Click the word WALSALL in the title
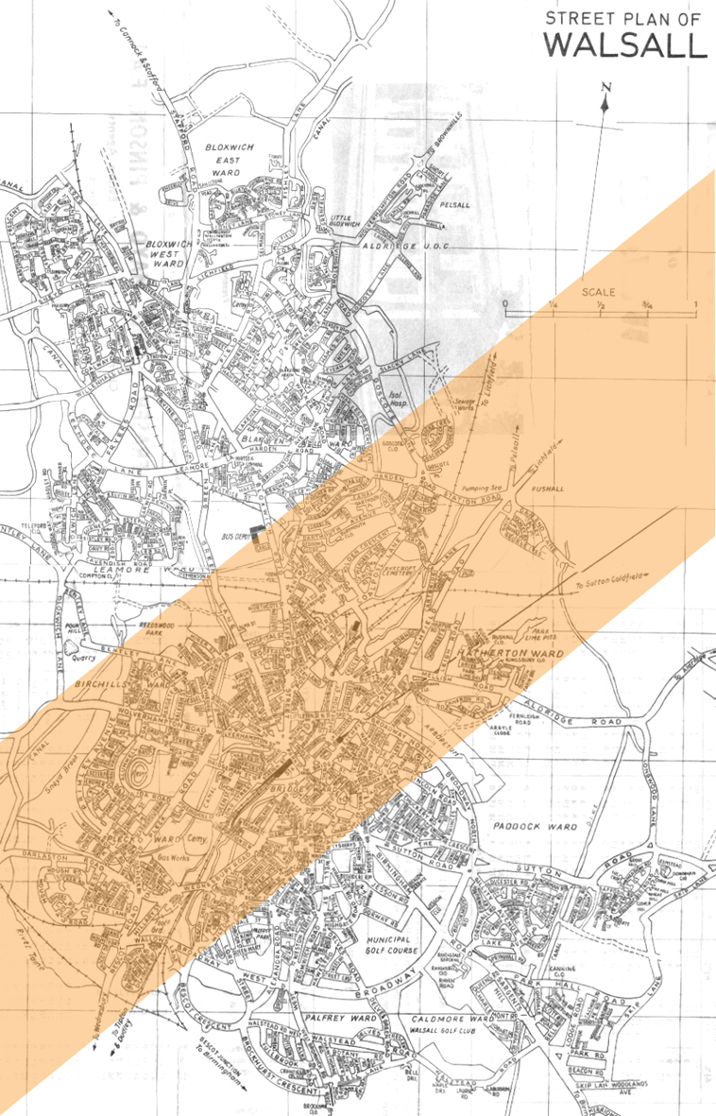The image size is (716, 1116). [625, 45]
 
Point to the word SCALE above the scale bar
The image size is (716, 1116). [599, 292]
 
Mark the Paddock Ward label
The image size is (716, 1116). [534, 825]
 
